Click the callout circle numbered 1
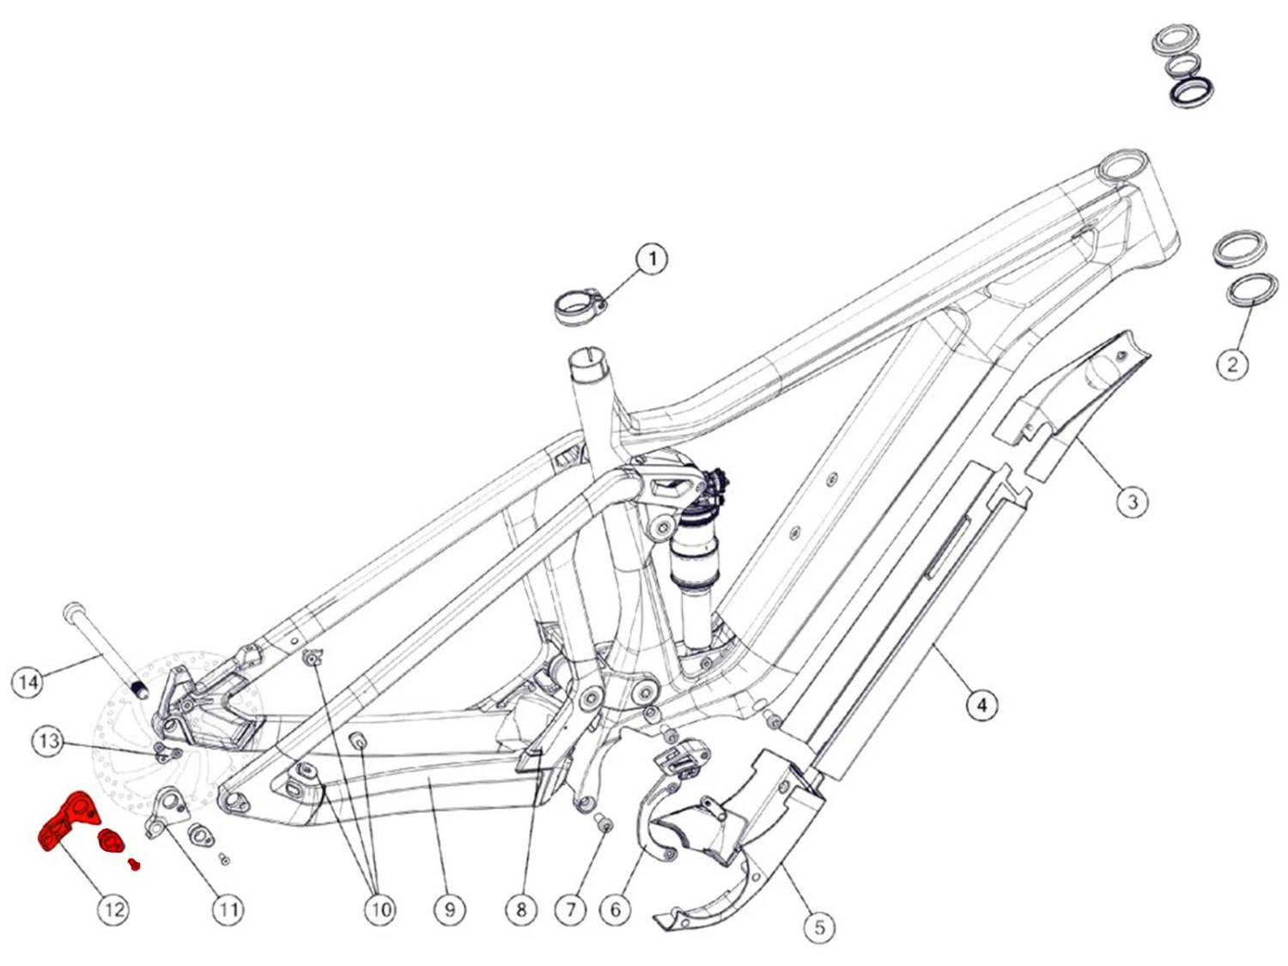point(653,258)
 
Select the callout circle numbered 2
point(1233,364)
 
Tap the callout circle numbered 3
point(1133,501)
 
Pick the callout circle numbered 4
point(982,706)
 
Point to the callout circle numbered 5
point(819,927)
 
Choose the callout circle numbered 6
point(615,909)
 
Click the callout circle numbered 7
point(571,909)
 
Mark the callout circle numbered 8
point(521,909)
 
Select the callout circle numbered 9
point(450,909)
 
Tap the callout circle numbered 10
point(380,909)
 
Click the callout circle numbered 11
point(228,909)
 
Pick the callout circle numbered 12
point(113,909)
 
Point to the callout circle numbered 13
point(49,741)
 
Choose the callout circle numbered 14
point(28,682)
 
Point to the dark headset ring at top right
point(1192,91)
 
